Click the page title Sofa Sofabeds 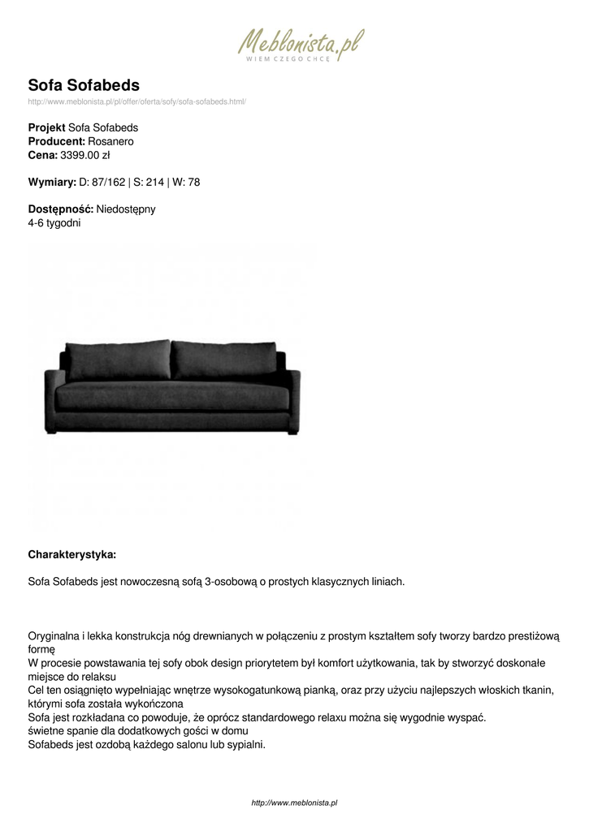tap(84, 85)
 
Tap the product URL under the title tap(136, 101)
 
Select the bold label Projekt tap(47, 127)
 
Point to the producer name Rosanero tap(110, 141)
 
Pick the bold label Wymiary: tap(52, 182)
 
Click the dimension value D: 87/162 tap(102, 182)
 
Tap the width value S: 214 tap(149, 182)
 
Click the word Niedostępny tap(126, 209)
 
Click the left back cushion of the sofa tap(117, 358)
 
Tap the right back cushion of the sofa tap(226, 358)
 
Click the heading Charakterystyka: tap(72, 554)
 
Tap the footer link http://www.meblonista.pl tap(294, 803)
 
